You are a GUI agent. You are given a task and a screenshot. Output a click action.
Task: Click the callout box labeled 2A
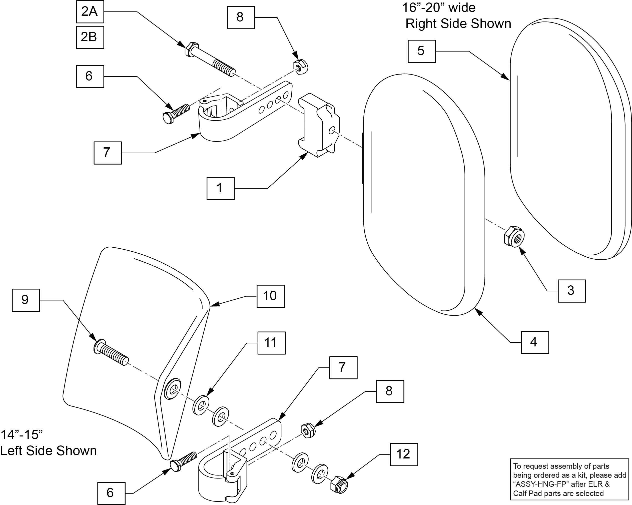[90, 12]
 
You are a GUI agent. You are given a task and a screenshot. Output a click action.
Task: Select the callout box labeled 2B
[90, 37]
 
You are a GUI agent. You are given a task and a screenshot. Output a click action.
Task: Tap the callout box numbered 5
[421, 51]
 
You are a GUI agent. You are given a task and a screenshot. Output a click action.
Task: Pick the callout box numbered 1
[220, 188]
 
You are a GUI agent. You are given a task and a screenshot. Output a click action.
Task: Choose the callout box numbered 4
[535, 342]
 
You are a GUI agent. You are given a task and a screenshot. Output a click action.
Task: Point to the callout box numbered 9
[26, 300]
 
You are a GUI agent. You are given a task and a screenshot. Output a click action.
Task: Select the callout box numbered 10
[271, 296]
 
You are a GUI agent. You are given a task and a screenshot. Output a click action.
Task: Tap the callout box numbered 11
[271, 343]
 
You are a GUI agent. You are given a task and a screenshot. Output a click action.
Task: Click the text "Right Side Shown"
[458, 24]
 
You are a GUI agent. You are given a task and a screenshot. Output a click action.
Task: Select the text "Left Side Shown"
[48, 451]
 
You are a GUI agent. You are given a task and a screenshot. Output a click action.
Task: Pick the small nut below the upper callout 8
[300, 67]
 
